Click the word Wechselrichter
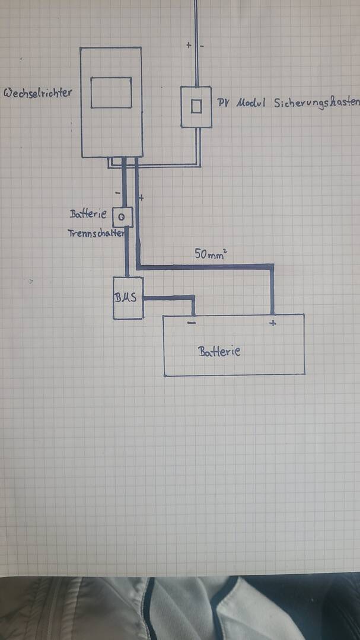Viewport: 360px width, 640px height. (x=37, y=93)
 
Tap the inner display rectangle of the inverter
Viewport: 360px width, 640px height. (x=111, y=93)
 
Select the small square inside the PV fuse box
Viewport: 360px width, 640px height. (x=196, y=107)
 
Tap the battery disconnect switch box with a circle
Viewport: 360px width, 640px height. (x=122, y=217)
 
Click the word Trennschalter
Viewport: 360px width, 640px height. (x=96, y=233)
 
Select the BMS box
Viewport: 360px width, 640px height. (x=128, y=298)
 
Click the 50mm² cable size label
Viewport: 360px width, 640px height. (x=211, y=254)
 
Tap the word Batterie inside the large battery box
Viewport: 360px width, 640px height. (x=219, y=351)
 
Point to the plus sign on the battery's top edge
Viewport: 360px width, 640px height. (x=273, y=323)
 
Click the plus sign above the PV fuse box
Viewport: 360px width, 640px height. (x=189, y=45)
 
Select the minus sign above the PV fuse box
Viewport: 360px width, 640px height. (x=202, y=46)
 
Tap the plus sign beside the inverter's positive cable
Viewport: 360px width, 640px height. (x=141, y=198)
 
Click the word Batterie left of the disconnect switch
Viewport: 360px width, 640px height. (x=88, y=214)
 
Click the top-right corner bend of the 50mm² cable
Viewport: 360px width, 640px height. (x=272, y=266)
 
